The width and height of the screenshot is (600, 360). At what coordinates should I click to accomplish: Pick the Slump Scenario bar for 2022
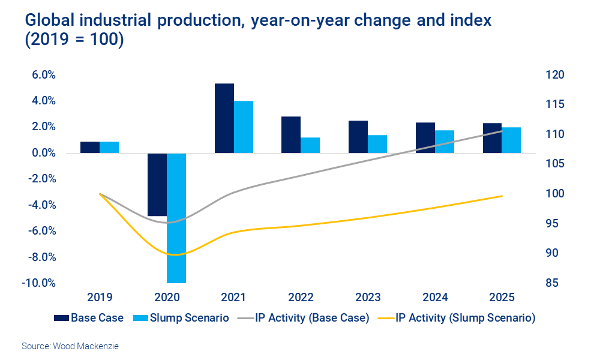point(310,145)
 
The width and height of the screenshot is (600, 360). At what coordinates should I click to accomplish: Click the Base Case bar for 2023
point(358,137)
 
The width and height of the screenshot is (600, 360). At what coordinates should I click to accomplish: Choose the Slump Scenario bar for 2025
point(511,140)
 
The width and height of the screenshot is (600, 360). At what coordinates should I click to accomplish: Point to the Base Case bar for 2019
point(90,148)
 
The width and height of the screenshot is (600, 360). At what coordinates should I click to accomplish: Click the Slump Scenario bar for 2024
point(445,142)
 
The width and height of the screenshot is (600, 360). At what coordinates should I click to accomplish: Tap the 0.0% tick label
point(44,153)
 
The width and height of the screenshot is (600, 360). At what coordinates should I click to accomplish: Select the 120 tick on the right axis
point(556,75)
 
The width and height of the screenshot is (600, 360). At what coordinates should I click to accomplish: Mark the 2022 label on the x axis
point(301,298)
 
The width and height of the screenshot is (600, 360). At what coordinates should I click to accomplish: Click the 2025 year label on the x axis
point(502,298)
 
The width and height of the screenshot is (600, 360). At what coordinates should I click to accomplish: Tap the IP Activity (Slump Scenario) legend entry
point(457,317)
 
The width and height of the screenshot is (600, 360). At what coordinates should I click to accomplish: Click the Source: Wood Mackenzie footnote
point(66,346)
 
